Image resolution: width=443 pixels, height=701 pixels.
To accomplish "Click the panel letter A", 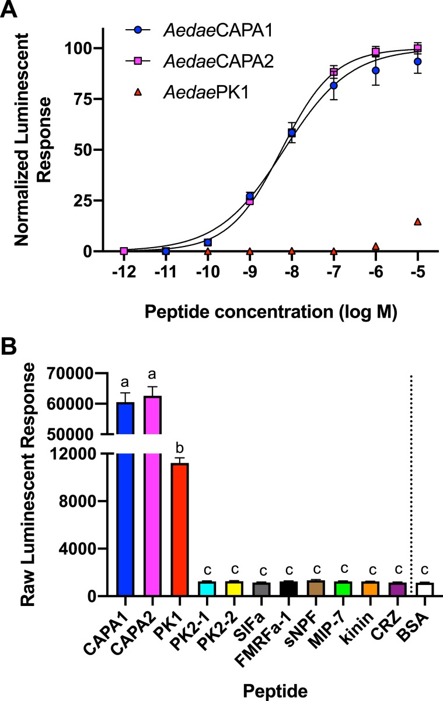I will tap(10, 10).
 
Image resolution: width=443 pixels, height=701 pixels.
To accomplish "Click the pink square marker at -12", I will tap(124, 251).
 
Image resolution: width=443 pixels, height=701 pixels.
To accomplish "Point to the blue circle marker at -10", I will tap(208, 242).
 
